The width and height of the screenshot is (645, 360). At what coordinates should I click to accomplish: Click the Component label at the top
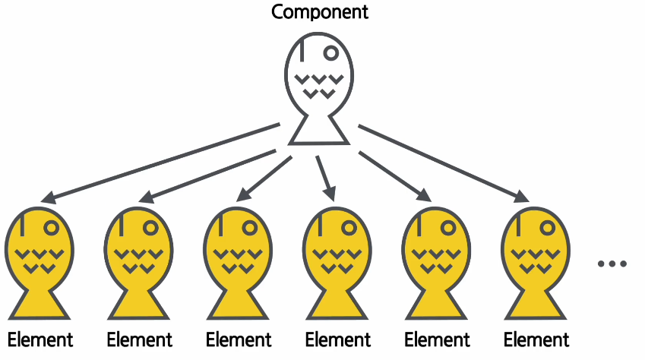coord(320,12)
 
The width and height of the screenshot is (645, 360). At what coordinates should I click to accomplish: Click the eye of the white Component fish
coord(330,52)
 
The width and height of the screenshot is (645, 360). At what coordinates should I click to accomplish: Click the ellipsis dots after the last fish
coord(612,264)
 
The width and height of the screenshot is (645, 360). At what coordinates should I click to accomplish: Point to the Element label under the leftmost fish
coord(40,339)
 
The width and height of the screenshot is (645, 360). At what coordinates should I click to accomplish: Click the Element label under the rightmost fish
coord(536,339)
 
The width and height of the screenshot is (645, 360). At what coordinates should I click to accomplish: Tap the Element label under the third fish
coord(239,339)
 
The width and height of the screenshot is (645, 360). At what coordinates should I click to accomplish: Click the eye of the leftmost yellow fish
coord(52,226)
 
